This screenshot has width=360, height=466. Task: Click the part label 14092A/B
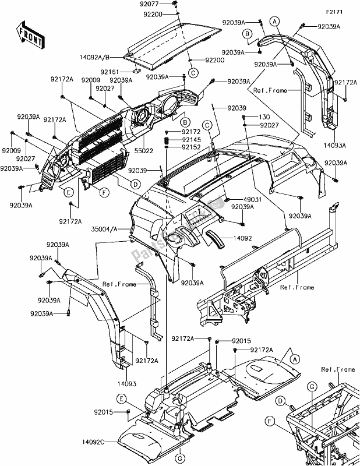[x=100, y=58]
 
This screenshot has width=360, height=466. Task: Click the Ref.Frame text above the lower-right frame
[x=337, y=369]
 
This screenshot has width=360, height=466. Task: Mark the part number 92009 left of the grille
[x=11, y=150]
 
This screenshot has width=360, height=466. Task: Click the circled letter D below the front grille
[x=135, y=184]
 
